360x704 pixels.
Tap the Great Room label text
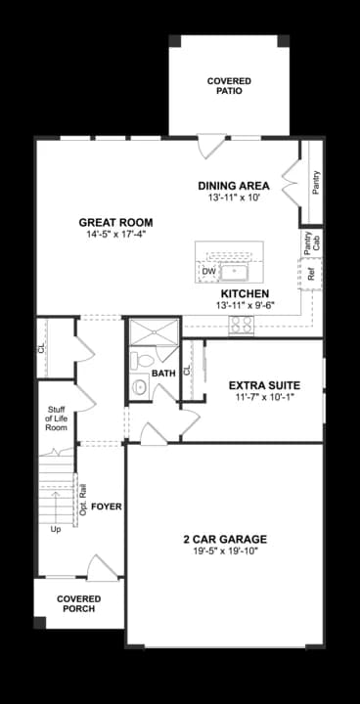click(x=115, y=222)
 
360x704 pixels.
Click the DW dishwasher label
click(x=208, y=271)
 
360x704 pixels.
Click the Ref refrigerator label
click(x=311, y=275)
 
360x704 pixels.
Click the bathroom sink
click(x=138, y=388)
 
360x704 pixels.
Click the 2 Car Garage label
click(x=224, y=539)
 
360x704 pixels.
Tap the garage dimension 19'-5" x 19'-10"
click(x=224, y=552)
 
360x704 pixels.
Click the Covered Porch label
click(x=77, y=602)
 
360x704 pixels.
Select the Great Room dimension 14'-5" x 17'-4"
click(x=115, y=235)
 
